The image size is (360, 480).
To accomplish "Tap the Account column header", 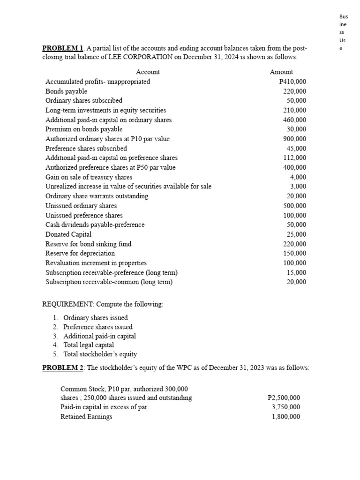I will [148, 72].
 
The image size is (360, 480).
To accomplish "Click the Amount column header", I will [281, 72].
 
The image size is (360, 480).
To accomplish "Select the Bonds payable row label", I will [66, 91].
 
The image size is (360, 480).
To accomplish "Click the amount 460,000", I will [295, 120].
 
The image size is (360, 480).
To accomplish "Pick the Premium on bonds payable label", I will [84, 129].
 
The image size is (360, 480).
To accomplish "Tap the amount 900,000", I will [295, 139].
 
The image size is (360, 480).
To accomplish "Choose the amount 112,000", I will [295, 158].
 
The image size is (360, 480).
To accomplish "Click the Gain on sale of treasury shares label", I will [89, 177].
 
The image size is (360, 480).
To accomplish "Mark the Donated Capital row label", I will [68, 234].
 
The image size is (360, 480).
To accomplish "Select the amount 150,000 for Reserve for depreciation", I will [295, 254].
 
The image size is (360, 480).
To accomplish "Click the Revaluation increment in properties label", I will [96, 263].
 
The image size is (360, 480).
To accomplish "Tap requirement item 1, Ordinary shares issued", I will [96, 318].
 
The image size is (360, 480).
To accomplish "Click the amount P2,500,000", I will [284, 398].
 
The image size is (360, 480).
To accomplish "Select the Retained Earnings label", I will [86, 417].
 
